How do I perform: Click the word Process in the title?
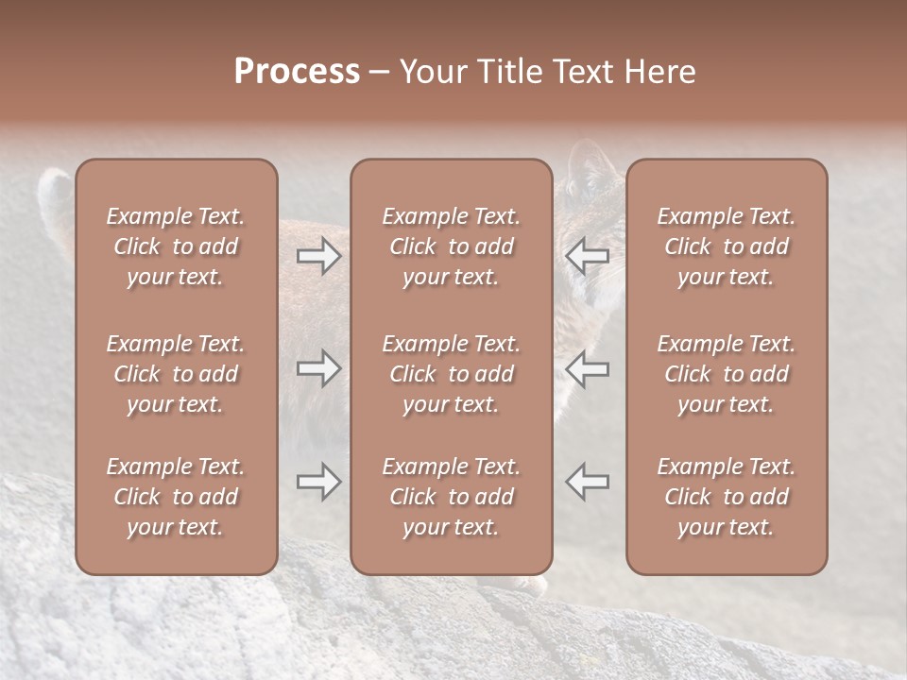tap(297, 72)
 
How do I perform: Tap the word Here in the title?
tap(658, 72)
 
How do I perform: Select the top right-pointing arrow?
tap(319, 256)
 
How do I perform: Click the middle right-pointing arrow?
tap(319, 368)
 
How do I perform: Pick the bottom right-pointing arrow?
tap(319, 482)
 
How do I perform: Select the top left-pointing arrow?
tap(587, 256)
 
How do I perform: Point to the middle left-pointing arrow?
tap(587, 368)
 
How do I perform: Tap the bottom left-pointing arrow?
tap(587, 482)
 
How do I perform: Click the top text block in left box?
tap(176, 246)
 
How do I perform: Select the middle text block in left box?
tap(176, 374)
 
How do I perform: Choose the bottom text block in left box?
tap(176, 497)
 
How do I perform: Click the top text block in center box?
tap(451, 246)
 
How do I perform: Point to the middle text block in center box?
tap(451, 374)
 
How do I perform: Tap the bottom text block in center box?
tap(451, 497)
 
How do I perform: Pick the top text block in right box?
tap(726, 246)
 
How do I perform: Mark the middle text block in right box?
tap(726, 374)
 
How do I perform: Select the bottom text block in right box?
tap(726, 497)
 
